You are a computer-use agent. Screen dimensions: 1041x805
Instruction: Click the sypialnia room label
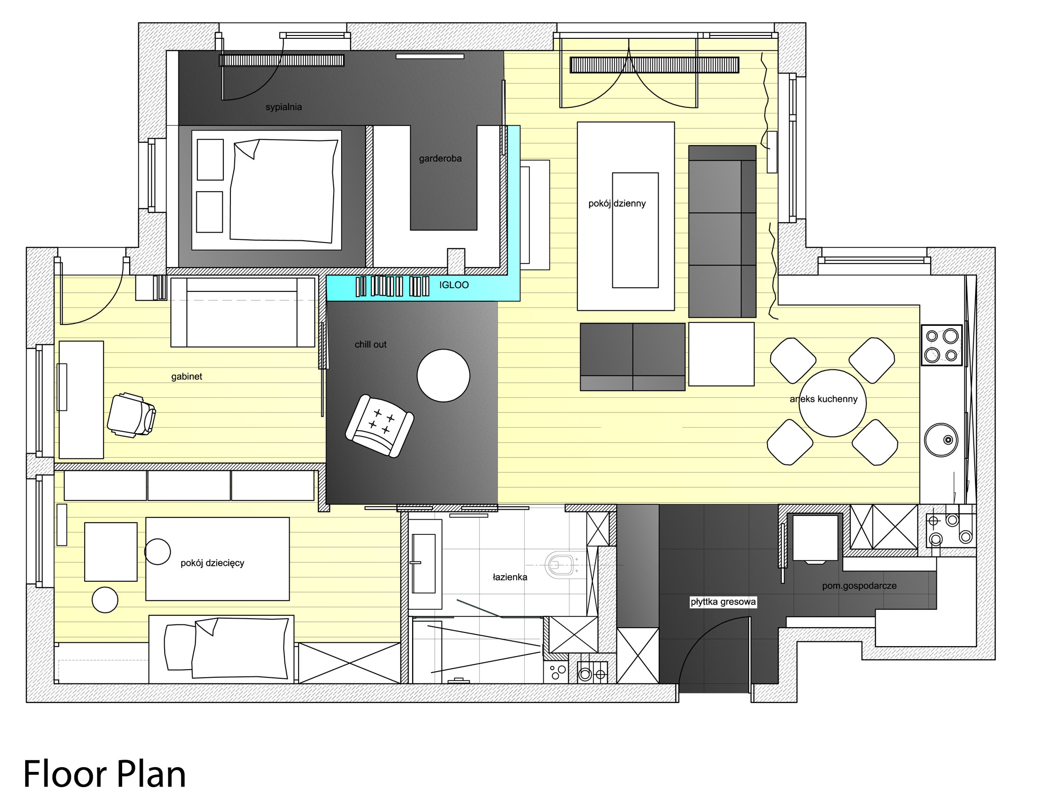283,107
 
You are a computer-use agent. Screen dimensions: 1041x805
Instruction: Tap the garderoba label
440,158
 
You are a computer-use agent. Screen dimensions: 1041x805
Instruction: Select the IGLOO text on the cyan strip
454,285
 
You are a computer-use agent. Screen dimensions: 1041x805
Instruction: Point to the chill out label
371,344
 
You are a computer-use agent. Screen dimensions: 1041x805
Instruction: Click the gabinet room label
186,376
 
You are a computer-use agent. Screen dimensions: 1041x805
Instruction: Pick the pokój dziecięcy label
212,563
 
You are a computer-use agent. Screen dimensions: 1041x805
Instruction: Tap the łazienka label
510,577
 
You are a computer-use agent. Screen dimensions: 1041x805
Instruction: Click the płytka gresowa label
723,602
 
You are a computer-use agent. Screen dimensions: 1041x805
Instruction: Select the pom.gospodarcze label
859,586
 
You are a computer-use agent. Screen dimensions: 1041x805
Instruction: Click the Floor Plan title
105,774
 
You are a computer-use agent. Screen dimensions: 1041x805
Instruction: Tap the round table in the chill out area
443,376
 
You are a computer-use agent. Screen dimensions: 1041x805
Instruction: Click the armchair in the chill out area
379,426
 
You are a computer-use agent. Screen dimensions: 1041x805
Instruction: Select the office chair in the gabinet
132,414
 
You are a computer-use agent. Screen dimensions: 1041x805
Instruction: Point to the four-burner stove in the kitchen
941,345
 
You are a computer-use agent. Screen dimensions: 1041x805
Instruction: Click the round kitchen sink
941,440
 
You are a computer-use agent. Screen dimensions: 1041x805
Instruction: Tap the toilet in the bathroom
561,565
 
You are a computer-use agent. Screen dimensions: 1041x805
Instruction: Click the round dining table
832,403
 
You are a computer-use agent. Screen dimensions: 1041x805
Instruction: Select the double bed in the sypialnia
266,190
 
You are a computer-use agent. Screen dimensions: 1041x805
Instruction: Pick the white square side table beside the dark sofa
721,354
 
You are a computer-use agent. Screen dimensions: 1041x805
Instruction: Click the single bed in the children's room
221,649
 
